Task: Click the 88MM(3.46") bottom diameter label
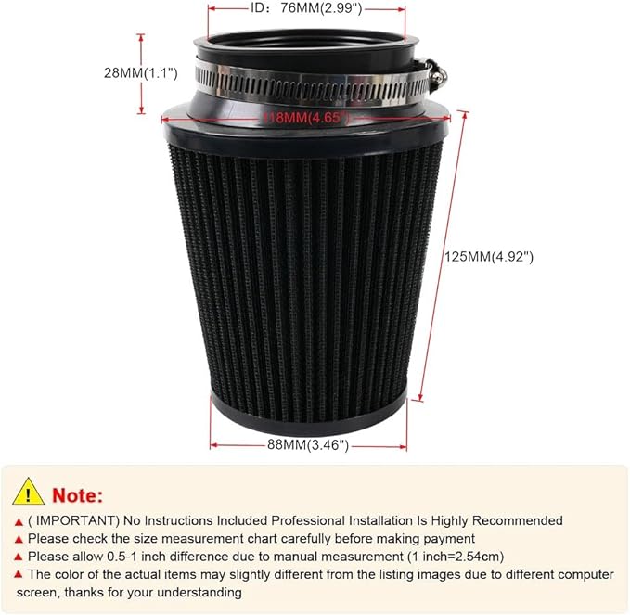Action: point(308,445)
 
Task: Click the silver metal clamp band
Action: point(306,84)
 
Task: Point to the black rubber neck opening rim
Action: point(306,42)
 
